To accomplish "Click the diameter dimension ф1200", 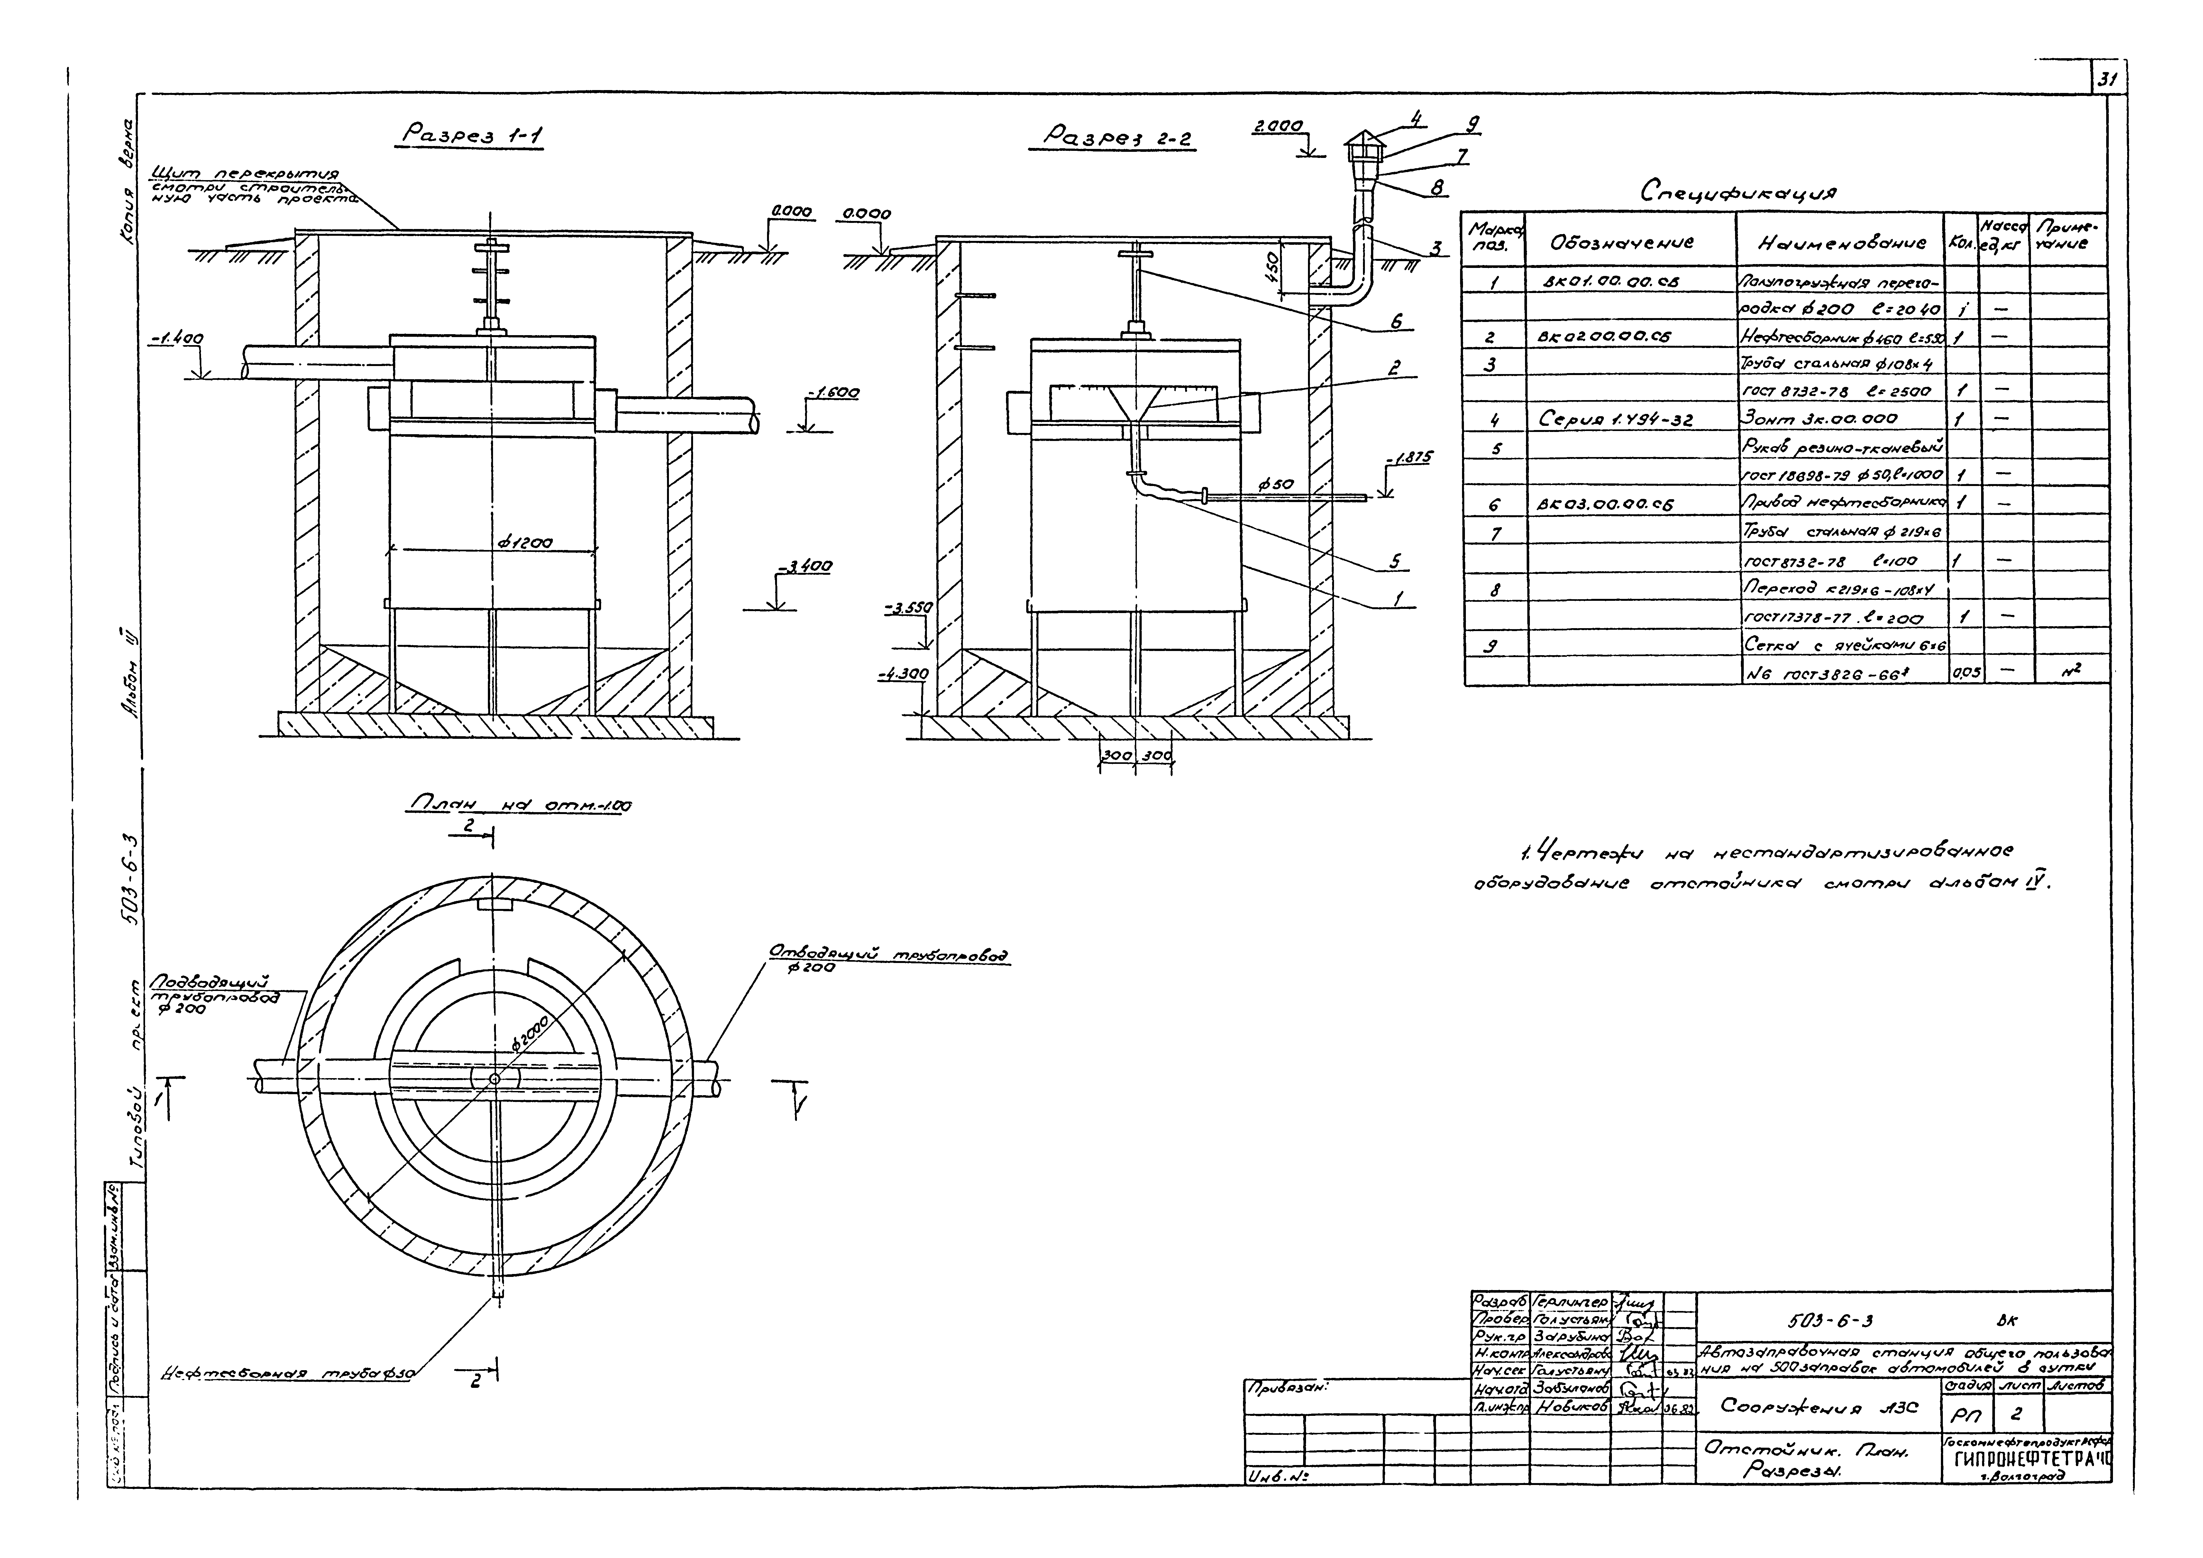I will pos(525,543).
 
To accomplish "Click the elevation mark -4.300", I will pos(903,674).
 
